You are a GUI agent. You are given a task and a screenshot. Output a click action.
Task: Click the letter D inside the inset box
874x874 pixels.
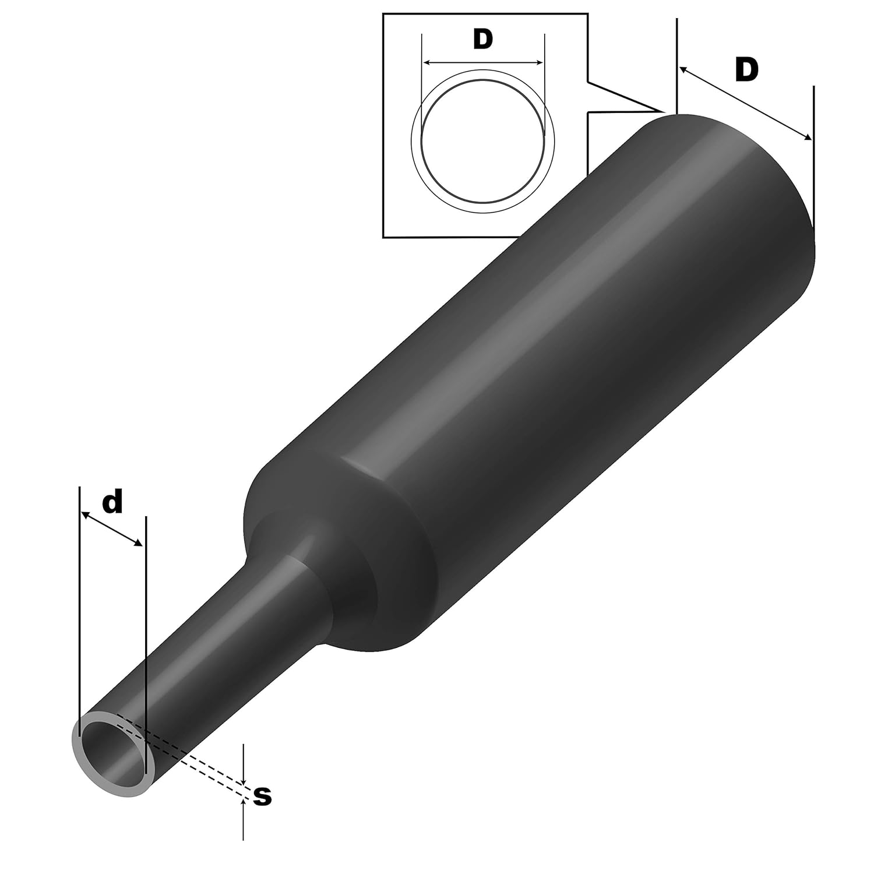(x=483, y=39)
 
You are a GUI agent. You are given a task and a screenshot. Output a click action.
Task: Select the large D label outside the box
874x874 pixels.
(x=746, y=70)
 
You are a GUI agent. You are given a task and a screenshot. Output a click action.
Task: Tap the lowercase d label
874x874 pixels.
(x=112, y=502)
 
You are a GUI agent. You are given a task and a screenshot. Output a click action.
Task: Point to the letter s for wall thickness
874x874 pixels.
(x=263, y=796)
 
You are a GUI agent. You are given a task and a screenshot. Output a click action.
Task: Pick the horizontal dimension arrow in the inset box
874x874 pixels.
(x=483, y=62)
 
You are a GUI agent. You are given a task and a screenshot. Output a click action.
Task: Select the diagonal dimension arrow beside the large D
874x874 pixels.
(x=745, y=103)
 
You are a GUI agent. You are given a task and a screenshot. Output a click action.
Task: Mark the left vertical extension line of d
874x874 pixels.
(x=78, y=583)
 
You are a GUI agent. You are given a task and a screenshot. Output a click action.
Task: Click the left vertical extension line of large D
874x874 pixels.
(x=677, y=58)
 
